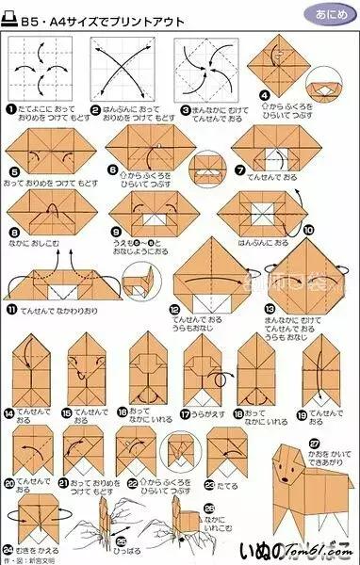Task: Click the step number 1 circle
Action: click(8, 109)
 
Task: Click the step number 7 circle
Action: click(240, 175)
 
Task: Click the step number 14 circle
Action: click(8, 412)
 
